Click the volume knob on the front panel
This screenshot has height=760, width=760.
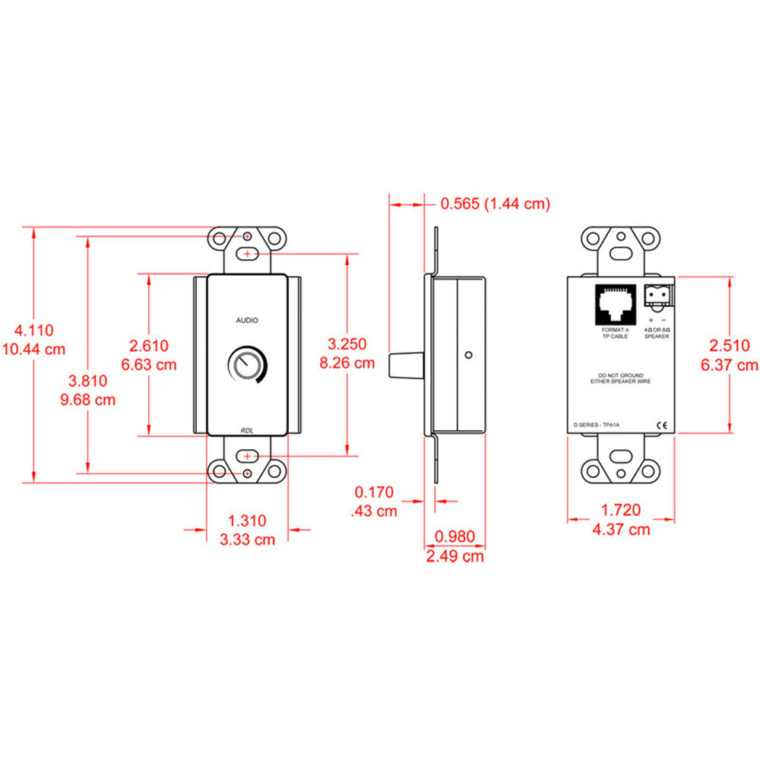coord(246,366)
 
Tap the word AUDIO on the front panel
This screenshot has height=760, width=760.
coord(246,321)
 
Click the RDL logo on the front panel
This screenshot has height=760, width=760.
coord(246,430)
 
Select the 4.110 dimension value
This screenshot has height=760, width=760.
coord(34,330)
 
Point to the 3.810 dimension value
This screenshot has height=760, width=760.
coord(90,381)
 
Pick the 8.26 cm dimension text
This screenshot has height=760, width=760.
coord(347,363)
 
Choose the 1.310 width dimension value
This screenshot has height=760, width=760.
coord(247,521)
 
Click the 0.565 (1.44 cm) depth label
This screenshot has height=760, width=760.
coord(495,204)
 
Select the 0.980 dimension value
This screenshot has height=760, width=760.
coord(454,537)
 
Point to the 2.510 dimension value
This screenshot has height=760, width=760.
coord(729,346)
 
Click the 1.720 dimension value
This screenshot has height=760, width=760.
coord(620,510)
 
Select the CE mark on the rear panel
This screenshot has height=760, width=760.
coord(661,426)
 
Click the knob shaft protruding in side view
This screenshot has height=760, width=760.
coord(406,366)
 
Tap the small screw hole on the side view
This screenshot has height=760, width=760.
coord(470,354)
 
